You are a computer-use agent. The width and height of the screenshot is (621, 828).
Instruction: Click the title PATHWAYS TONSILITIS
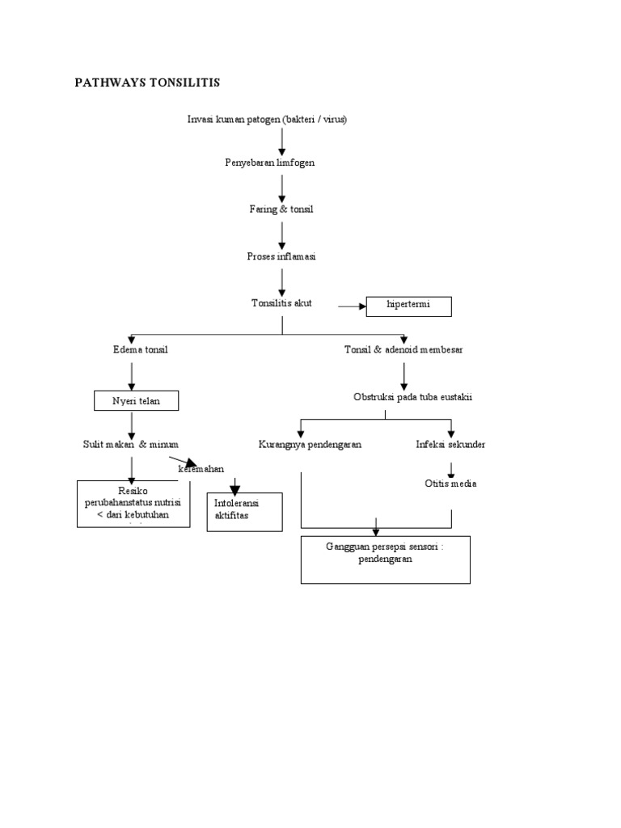pos(147,82)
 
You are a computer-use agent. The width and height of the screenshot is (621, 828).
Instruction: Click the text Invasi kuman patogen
pos(268,120)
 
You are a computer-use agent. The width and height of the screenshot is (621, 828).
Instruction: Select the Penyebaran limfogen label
pos(269,163)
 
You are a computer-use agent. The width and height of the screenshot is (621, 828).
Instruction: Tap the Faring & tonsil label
pos(281,209)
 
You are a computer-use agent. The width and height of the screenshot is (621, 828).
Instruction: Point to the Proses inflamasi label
pos(281,256)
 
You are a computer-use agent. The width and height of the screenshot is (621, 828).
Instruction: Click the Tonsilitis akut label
pos(281,303)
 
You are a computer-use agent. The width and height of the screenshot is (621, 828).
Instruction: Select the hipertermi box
pos(408,306)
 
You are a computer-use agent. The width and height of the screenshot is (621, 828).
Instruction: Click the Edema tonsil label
pos(141,349)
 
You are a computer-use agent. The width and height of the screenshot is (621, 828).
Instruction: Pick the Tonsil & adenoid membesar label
pos(403,349)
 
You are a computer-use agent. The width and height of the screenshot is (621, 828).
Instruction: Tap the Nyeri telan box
pos(134,400)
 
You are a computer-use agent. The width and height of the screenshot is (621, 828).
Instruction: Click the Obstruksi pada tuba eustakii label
pos(412,398)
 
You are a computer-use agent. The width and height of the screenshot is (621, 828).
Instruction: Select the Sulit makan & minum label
pos(130,444)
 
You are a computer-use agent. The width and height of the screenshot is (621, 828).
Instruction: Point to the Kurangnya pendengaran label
pos(310,445)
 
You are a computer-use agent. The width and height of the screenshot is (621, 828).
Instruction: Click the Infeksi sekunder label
pos(450,445)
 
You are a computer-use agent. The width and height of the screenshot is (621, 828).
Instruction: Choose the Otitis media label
pos(450,484)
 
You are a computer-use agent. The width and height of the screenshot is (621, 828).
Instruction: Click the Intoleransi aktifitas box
pos(245,512)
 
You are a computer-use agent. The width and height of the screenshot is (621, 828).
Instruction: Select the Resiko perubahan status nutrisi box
pos(133,504)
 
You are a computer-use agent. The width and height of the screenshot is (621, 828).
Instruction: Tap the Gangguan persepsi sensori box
pos(385,559)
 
